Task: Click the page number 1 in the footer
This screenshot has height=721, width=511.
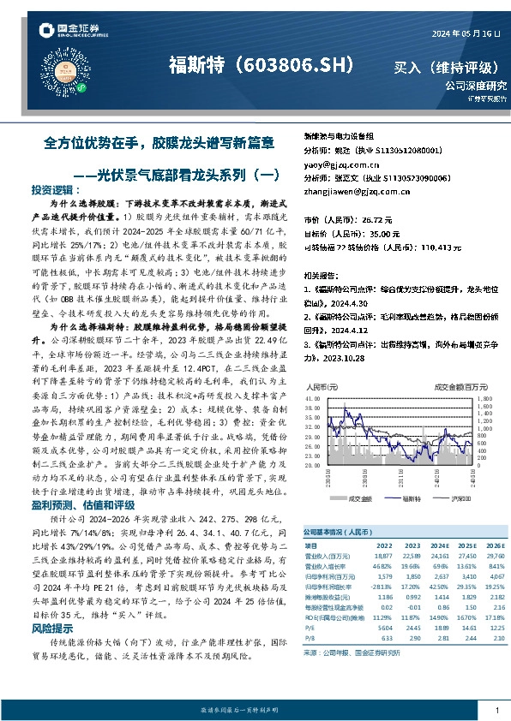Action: [497, 710]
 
